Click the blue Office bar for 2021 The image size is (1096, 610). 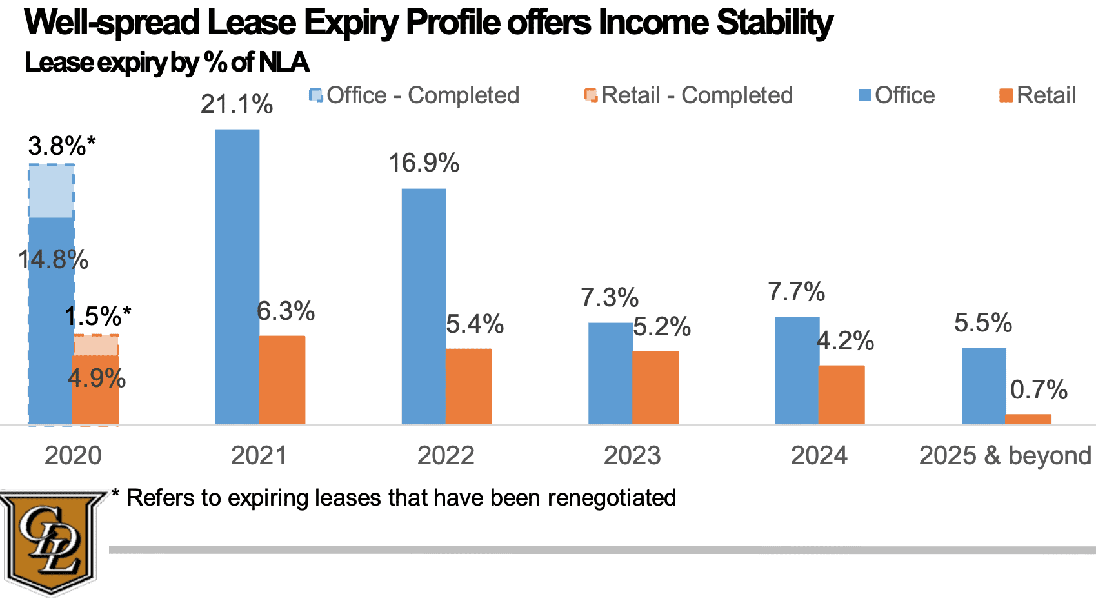click(237, 277)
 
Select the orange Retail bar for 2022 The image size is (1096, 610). click(469, 386)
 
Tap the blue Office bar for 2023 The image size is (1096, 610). click(610, 373)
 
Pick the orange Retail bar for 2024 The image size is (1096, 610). click(842, 395)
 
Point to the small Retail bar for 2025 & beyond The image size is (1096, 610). click(1028, 419)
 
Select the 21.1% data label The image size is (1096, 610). click(237, 104)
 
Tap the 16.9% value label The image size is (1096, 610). click(424, 163)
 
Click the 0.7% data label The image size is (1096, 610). click(1039, 390)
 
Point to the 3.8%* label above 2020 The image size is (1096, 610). click(61, 146)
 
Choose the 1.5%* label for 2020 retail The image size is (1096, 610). click(97, 317)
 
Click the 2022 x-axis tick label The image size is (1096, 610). click(446, 456)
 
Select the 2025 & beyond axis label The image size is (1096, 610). click(1005, 456)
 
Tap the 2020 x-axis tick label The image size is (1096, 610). click(73, 456)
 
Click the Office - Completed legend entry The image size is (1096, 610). click(415, 95)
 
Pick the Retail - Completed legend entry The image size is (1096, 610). click(689, 95)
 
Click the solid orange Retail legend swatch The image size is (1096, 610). click(1006, 96)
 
